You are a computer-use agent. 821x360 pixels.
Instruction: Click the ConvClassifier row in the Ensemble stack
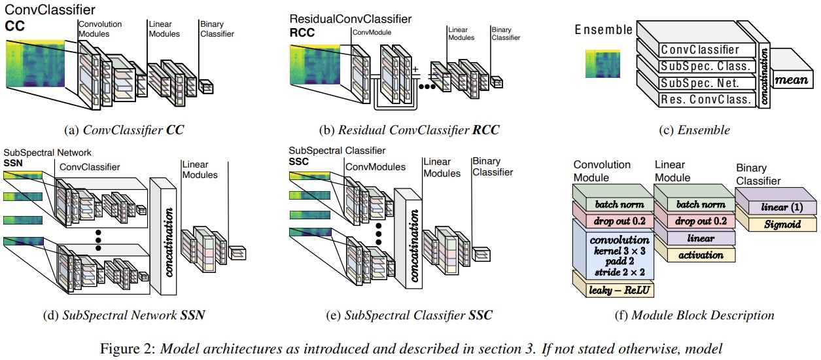(699, 49)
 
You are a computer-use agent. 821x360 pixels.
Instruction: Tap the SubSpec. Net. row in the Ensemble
(699, 83)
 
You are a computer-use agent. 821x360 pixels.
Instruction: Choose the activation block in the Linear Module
(695, 255)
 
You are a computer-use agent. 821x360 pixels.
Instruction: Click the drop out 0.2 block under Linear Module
(695, 221)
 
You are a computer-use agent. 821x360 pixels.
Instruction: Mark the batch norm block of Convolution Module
(614, 204)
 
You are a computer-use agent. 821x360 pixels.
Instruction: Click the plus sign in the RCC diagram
(413, 69)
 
